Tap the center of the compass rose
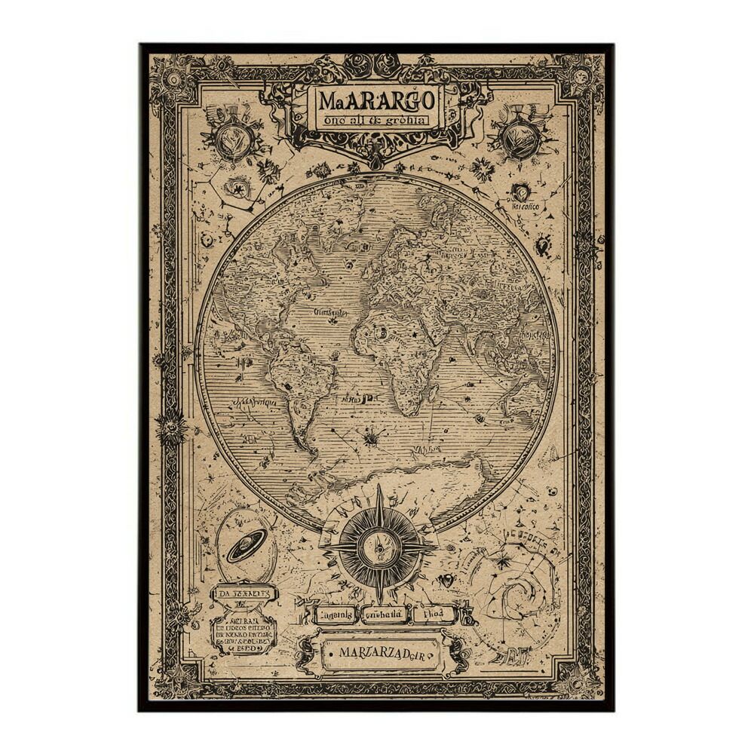click(379, 544)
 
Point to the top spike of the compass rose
click(379, 491)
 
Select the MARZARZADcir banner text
click(380, 654)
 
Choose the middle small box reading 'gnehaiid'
click(385, 614)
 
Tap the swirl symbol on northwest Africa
click(381, 332)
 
